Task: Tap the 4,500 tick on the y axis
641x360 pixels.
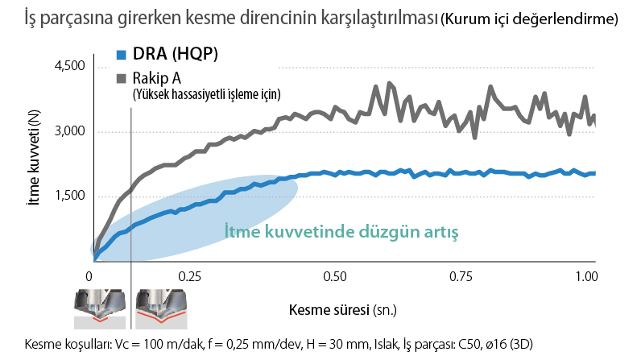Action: click(68, 67)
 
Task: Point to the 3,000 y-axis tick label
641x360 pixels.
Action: click(68, 132)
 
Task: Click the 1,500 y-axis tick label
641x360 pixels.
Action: click(68, 197)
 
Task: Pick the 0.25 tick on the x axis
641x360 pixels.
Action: click(189, 276)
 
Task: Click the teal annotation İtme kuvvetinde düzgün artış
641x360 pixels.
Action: click(341, 233)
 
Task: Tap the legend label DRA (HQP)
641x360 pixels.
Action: click(176, 55)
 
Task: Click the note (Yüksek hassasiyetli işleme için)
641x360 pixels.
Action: click(206, 94)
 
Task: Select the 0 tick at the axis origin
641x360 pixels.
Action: click(89, 276)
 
